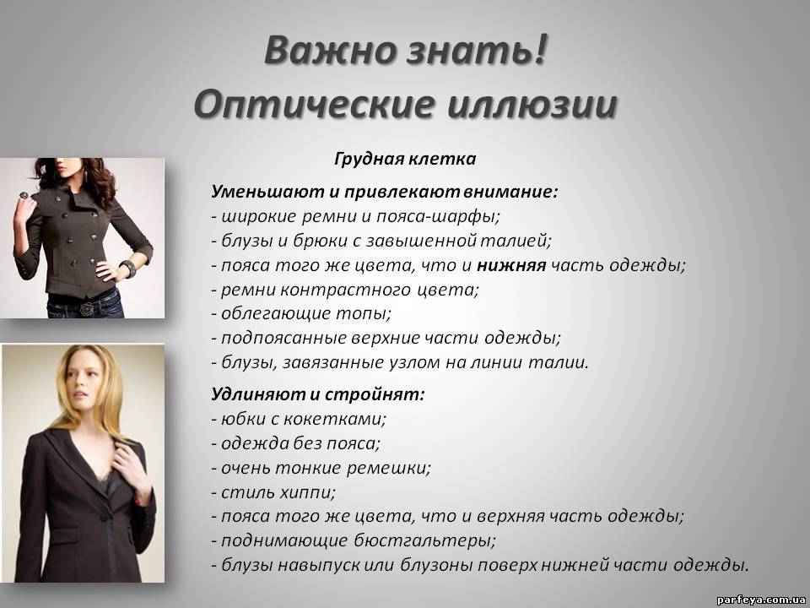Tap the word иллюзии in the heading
[x=532, y=105]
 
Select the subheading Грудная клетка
[x=405, y=159]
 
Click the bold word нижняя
[x=511, y=265]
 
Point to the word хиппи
[x=307, y=492]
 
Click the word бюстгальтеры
[x=424, y=540]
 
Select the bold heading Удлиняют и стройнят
[x=318, y=394]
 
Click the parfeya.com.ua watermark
[x=761, y=600]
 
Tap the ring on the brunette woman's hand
[x=24, y=195]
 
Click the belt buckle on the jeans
[x=86, y=308]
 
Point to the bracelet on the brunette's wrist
[x=127, y=268]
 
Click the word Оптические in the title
[x=314, y=105]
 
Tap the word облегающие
[x=276, y=314]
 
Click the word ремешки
[x=388, y=469]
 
